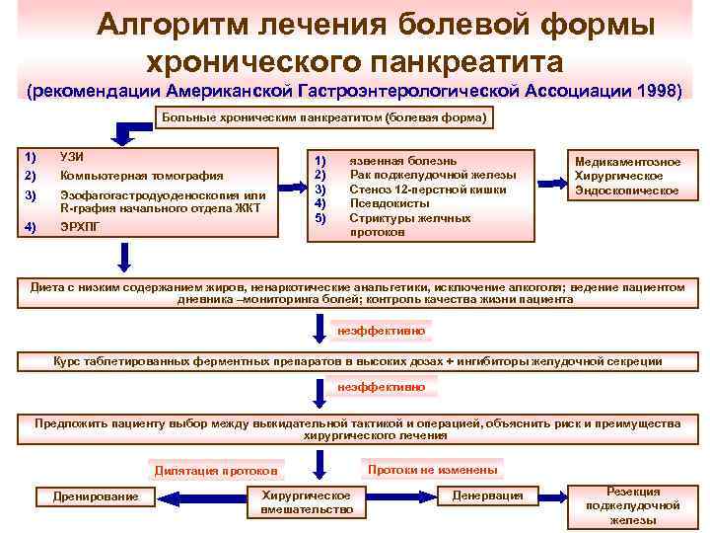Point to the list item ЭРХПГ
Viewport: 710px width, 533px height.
click(x=80, y=228)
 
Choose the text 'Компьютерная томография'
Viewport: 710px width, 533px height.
click(x=138, y=176)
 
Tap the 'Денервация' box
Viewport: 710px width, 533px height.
click(x=487, y=495)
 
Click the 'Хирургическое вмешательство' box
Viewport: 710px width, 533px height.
click(x=307, y=501)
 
